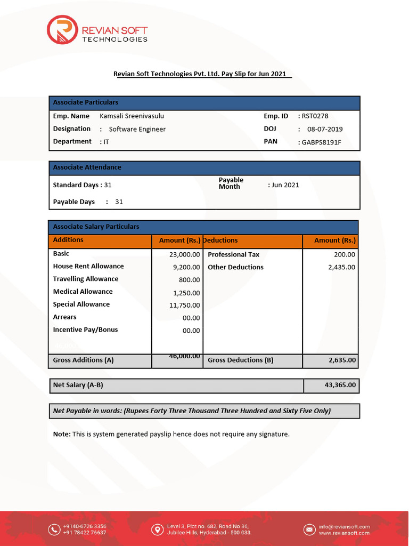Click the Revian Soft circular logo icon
62,30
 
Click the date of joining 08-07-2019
325,129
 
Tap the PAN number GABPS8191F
322,142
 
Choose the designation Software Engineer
137,129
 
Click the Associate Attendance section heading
87,167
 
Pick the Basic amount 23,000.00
184,255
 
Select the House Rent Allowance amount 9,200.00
186,267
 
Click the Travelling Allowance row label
86,279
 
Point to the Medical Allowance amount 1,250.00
186,293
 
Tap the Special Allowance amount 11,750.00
184,306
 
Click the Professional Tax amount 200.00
345,255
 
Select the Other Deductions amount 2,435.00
341,267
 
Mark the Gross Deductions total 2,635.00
342,360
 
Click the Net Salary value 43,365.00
340,384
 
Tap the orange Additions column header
68,240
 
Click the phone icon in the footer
54,529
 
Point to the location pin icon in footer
157,529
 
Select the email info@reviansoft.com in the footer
344,526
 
